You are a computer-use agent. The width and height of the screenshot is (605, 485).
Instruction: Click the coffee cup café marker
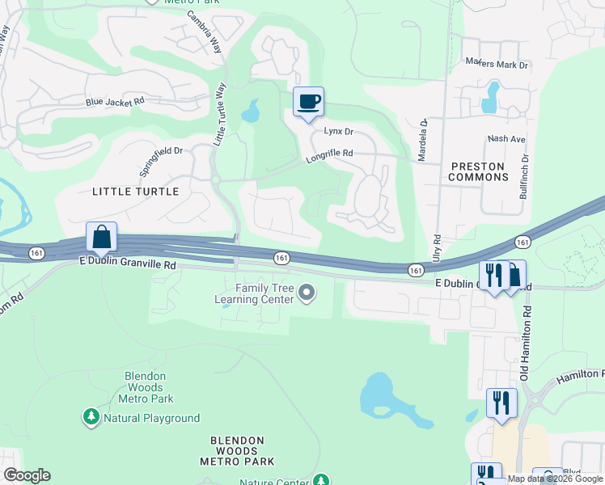click(308, 102)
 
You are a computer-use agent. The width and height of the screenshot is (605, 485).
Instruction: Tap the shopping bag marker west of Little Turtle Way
click(102, 238)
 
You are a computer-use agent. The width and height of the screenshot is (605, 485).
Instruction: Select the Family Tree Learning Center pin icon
click(307, 293)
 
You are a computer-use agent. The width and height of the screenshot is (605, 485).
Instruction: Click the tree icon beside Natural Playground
click(91, 417)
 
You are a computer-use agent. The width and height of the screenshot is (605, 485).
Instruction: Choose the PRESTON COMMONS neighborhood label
click(477, 171)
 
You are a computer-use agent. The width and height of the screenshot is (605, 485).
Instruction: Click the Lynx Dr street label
click(339, 131)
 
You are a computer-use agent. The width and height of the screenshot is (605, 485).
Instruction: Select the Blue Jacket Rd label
click(115, 102)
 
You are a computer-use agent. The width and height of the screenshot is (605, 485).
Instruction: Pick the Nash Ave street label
click(506, 139)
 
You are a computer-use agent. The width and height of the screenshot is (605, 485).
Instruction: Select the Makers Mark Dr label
click(496, 63)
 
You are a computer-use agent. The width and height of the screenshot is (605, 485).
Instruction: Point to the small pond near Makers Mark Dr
click(489, 99)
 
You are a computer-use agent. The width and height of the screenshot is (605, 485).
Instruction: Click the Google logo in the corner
click(26, 475)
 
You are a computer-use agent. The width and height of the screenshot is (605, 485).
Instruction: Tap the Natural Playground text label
click(151, 418)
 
